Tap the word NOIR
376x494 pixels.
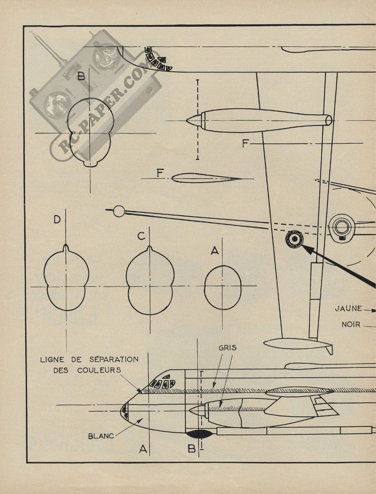coord(351,324)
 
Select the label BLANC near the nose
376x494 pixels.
coord(101,436)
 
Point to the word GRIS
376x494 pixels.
coord(227,348)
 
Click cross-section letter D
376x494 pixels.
coord(57,220)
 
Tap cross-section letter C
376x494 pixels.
coord(141,237)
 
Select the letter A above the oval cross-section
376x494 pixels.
coord(214,250)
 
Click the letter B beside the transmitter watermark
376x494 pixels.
coord(81,76)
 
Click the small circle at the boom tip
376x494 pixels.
coord(120,211)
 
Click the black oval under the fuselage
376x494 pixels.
coord(198,433)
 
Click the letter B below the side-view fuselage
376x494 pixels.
coord(192,449)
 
